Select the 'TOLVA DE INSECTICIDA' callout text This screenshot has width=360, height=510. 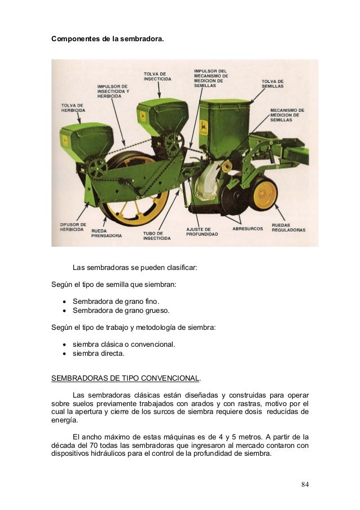coord(155,76)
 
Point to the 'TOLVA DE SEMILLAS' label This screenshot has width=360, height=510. coord(273,84)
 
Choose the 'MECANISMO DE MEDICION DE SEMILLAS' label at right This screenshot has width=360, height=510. coord(288,115)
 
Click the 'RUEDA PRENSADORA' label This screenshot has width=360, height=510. coord(109,234)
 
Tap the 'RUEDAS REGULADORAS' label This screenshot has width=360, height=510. coord(289,228)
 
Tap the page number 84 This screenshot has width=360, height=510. coord(305,485)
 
